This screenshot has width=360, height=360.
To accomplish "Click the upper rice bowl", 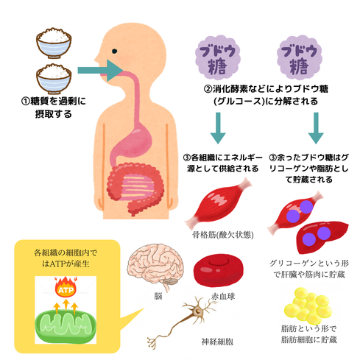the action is pos(54,43).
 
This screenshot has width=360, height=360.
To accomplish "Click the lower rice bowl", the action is pos(54,79).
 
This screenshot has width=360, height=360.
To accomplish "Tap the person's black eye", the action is pos(115,52).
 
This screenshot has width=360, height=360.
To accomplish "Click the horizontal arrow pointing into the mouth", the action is pos(100,71).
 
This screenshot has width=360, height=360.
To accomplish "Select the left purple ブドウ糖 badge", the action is pos(217,58).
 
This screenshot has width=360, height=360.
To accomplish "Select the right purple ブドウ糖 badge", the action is pos(300,58).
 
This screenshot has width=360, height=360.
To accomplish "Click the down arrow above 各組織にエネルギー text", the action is pos(218,128).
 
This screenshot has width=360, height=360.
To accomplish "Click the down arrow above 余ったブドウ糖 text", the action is pos(316,128).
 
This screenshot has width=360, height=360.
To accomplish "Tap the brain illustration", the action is pos(155,266).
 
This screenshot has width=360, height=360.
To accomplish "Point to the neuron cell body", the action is pos(197,311).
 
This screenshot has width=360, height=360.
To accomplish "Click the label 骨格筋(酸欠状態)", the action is pos(223,235).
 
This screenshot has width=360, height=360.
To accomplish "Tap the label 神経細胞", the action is pos(217,342).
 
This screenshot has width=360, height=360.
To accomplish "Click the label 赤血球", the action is pos(223,297).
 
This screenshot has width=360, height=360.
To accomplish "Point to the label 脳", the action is pos(158,297).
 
